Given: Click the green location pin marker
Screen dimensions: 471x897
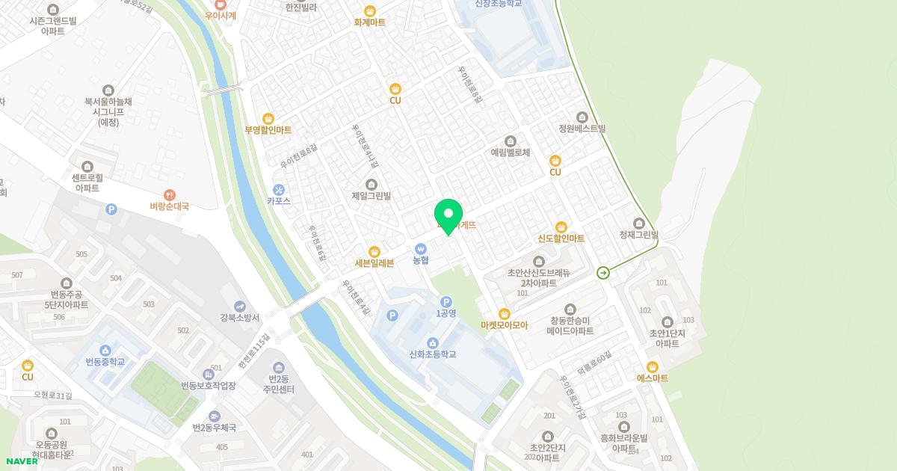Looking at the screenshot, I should coord(449,216).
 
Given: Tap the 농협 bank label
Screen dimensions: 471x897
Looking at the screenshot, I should coord(421,260).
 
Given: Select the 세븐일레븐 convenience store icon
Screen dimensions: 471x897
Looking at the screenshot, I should coord(374,252).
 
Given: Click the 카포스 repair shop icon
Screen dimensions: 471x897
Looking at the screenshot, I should coord(278,190).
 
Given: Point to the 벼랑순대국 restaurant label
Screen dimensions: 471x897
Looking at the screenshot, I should coord(169,206).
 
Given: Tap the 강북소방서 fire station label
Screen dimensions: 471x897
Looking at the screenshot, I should coord(238,318).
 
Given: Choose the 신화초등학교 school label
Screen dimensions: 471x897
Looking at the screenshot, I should coord(433,354).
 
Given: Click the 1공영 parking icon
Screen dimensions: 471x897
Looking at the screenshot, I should coord(446,301).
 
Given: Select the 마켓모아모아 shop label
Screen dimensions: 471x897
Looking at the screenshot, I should coord(504,325).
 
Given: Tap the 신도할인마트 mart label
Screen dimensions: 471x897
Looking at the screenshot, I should coord(561,238).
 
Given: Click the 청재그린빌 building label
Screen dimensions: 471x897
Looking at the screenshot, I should coord(638,235).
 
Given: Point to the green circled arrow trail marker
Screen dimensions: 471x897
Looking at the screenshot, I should coord(603,273).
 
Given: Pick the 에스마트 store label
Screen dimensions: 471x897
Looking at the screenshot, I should coord(652,378).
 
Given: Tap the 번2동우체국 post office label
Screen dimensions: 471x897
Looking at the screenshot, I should coord(214,428).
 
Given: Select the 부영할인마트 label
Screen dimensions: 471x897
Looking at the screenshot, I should coord(268,130).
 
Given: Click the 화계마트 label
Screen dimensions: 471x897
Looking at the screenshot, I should coord(370,22).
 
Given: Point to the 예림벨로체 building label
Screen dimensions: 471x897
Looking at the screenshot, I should coord(510,153).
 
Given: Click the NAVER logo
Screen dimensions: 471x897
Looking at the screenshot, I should coord(22,461).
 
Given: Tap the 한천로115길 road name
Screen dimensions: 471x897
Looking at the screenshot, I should coord(253,356).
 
